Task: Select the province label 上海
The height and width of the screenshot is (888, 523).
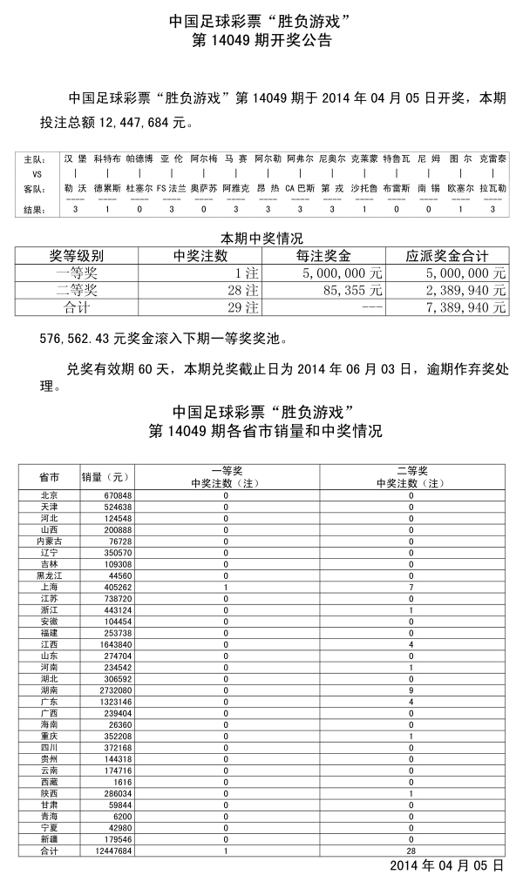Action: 49,586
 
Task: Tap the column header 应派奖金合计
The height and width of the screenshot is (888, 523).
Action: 447,256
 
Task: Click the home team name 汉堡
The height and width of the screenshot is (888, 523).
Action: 75,159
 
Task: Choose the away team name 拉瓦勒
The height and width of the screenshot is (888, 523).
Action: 492,187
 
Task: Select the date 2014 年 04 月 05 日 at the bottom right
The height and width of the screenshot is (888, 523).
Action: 446,866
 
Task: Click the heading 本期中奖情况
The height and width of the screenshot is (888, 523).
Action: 261,238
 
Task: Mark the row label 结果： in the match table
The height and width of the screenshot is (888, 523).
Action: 34,209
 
